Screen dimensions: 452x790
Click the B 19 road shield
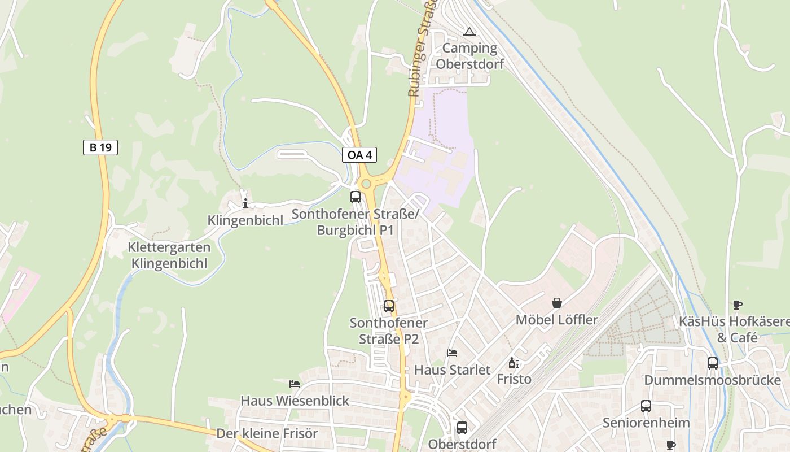(x=100, y=148)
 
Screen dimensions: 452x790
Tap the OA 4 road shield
(x=359, y=155)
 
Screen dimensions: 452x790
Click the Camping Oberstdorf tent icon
(x=469, y=32)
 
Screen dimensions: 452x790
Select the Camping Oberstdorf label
(x=469, y=55)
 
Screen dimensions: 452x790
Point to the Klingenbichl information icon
(x=245, y=204)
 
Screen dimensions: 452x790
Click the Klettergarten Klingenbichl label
(x=169, y=255)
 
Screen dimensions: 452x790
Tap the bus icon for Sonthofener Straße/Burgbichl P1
(x=355, y=197)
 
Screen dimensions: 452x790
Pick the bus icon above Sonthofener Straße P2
(x=389, y=306)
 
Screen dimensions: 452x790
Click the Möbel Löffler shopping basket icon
(x=557, y=303)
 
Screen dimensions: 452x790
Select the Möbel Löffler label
(x=556, y=320)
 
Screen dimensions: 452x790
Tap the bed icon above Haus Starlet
(x=452, y=353)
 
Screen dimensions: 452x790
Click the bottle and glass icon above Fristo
(x=513, y=363)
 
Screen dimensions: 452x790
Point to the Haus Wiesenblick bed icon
(x=295, y=384)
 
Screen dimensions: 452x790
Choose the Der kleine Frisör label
(x=267, y=434)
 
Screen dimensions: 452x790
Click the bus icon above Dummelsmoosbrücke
(x=713, y=363)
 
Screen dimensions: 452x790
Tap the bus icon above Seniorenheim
(x=646, y=406)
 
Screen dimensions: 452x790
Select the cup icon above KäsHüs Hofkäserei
(x=738, y=305)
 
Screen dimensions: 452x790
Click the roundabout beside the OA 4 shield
(x=366, y=183)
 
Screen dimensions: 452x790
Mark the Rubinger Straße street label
(x=418, y=54)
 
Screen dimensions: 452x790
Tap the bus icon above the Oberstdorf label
(x=462, y=427)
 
